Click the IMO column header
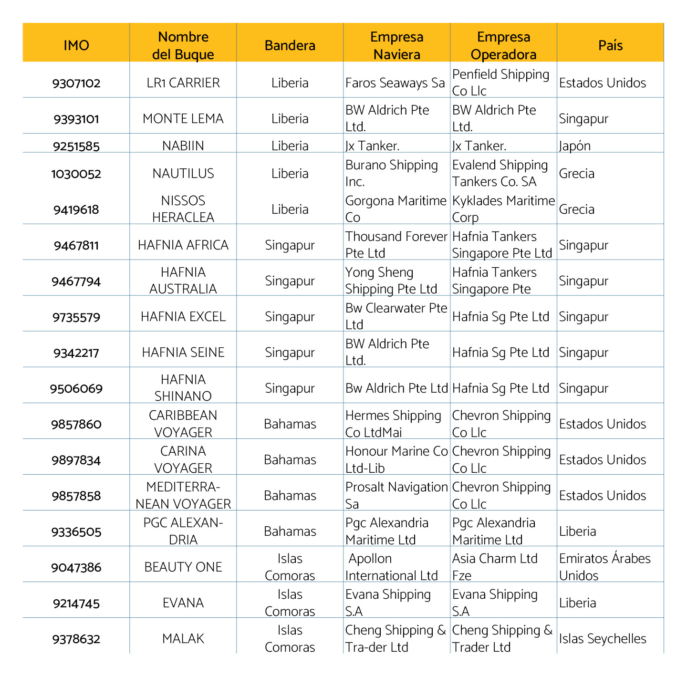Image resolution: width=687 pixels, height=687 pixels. tap(76, 45)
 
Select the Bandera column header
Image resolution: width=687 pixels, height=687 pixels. tap(290, 45)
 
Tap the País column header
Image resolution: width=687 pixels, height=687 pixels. tap(611, 45)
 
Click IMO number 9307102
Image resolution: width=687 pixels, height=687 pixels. tap(76, 83)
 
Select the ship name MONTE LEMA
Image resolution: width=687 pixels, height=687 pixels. tap(183, 119)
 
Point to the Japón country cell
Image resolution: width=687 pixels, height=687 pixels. tap(575, 146)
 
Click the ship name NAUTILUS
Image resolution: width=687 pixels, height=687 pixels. tap(183, 174)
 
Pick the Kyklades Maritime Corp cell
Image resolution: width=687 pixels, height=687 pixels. tap(503, 209)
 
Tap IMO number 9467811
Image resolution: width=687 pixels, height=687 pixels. tap(76, 246)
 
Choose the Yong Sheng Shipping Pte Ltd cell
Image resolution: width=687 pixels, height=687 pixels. tap(391, 281)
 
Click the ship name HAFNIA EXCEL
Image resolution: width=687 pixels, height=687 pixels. tap(183, 317)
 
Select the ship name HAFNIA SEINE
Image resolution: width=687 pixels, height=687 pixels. tap(183, 353)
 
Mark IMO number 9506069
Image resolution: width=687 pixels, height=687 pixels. tap(76, 389)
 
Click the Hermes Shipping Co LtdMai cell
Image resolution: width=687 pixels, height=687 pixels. tap(393, 424)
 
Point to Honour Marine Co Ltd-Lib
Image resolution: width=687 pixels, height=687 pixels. tap(396, 459)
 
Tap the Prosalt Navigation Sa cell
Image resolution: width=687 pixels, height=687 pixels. tap(396, 495)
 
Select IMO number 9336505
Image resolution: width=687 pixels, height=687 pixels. tap(76, 532)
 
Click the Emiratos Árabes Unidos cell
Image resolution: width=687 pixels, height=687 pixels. tap(604, 567)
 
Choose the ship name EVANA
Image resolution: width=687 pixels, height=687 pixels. tap(183, 603)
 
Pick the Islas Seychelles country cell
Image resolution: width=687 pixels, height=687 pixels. tap(603, 639)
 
